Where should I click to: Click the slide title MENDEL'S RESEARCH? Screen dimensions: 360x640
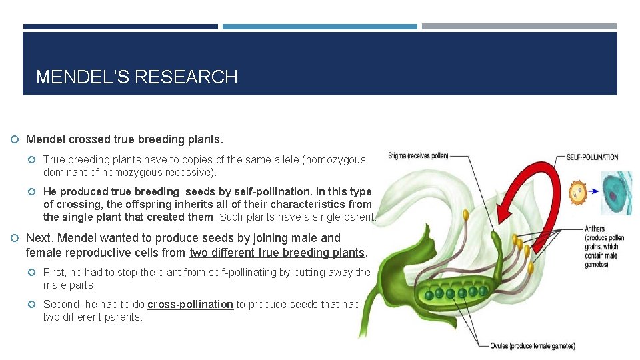pos(137,77)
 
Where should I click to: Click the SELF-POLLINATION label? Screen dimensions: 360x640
pos(592,157)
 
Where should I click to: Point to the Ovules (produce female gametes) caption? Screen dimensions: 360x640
pos(533,345)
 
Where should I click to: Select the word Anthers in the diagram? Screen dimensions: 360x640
pos(595,229)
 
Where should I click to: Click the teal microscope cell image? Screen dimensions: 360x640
pos(617,193)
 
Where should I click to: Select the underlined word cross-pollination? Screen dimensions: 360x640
pos(190,305)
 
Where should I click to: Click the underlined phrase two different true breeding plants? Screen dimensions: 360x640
pos(278,253)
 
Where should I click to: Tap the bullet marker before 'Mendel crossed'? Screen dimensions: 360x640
pos(15,140)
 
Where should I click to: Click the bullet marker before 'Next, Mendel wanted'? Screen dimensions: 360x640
pos(15,238)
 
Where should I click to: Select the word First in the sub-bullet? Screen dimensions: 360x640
pos(55,272)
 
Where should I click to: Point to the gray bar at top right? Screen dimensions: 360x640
pos(519,27)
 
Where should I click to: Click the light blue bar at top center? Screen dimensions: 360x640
pos(319,27)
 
